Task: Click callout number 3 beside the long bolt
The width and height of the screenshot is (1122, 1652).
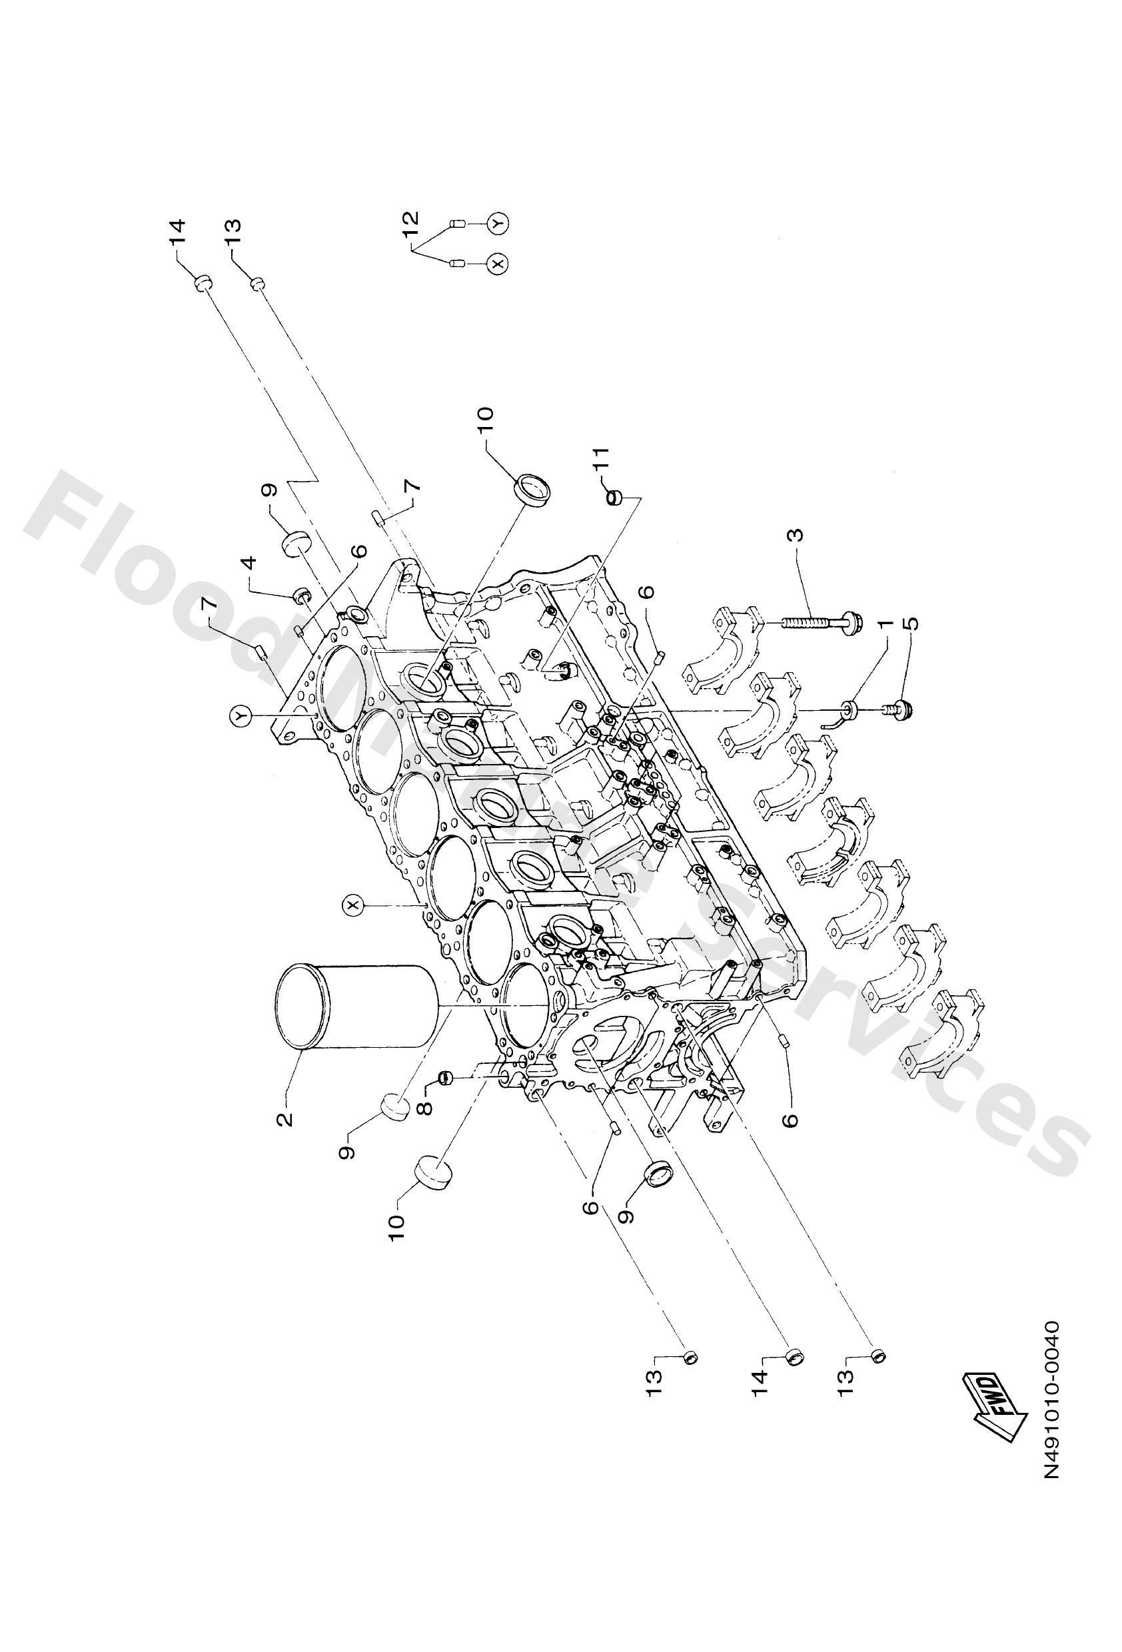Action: [x=796, y=534]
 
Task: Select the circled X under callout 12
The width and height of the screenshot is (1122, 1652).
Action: [x=499, y=264]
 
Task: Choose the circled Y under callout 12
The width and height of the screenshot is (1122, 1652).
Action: [x=499, y=223]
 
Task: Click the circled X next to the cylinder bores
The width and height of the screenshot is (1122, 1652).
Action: [x=352, y=905]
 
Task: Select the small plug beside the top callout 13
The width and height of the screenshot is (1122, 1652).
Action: [x=257, y=284]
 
